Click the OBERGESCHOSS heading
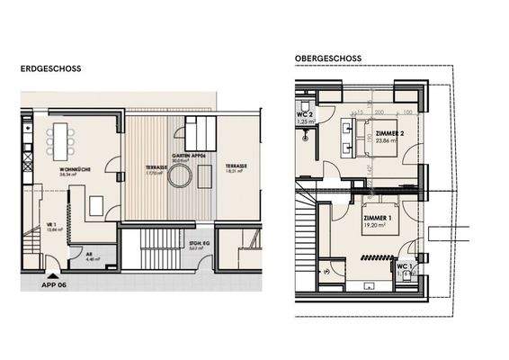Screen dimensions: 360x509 (x=327, y=58)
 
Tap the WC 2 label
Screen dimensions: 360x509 (x=303, y=116)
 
